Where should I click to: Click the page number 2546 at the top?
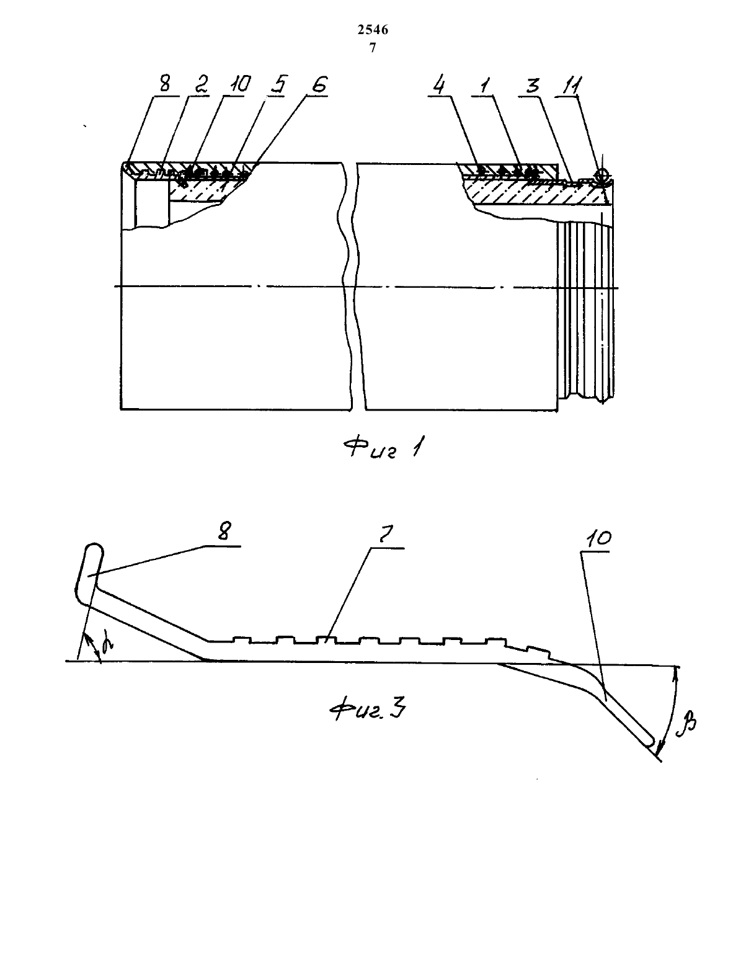373,30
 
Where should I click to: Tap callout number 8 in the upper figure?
164,83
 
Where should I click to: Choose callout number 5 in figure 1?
279,84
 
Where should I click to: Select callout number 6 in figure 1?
319,84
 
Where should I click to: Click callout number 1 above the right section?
486,84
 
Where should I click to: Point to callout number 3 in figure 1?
533,84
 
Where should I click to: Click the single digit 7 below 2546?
373,47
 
